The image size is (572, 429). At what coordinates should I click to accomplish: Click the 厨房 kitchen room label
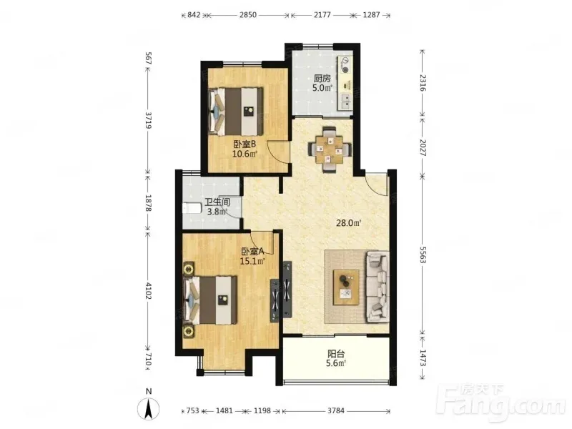[322, 79]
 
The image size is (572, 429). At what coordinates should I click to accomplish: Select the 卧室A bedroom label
[252, 252]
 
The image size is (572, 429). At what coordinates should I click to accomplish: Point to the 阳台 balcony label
[336, 353]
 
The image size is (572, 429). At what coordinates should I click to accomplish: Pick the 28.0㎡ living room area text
[348, 222]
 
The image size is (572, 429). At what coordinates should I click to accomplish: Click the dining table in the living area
[330, 149]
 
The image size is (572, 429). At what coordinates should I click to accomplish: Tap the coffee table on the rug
[346, 287]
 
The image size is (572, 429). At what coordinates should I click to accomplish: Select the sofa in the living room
[378, 287]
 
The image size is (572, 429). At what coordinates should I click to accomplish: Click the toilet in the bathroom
[191, 209]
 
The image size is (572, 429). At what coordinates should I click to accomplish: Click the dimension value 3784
[335, 410]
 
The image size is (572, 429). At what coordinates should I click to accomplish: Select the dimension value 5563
[423, 254]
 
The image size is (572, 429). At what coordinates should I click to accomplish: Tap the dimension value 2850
[247, 15]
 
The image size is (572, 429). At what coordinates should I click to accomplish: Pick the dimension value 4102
[148, 290]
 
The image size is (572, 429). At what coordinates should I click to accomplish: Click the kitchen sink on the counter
[345, 102]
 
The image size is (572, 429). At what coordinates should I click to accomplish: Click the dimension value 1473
[423, 358]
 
